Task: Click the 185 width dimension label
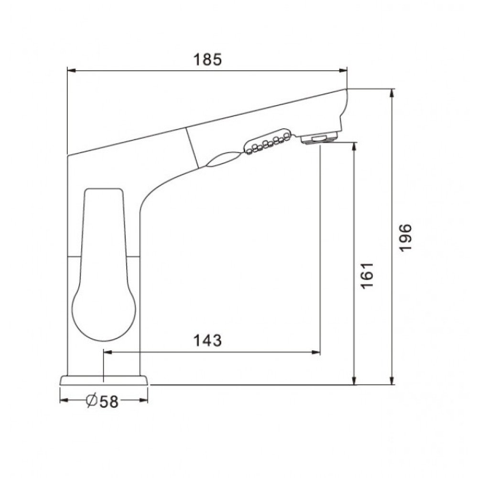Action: pos(207,59)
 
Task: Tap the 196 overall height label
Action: pos(405,237)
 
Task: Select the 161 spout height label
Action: pos(367,275)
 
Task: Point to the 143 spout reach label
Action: pos(207,340)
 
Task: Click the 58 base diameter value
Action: pos(109,402)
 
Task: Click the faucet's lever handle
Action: pos(104,264)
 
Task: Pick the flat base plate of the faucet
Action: pos(104,380)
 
